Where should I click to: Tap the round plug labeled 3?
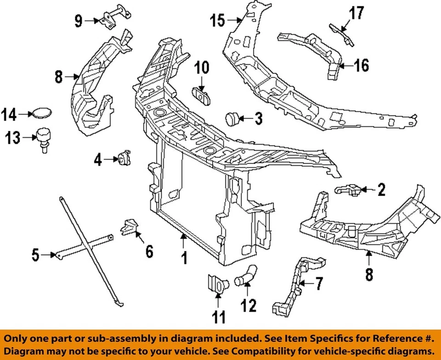coord(231,119)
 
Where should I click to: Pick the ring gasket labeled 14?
coord(40,113)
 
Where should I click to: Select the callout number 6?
coord(149,251)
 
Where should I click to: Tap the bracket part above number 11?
coord(215,284)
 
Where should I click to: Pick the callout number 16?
coord(361,66)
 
